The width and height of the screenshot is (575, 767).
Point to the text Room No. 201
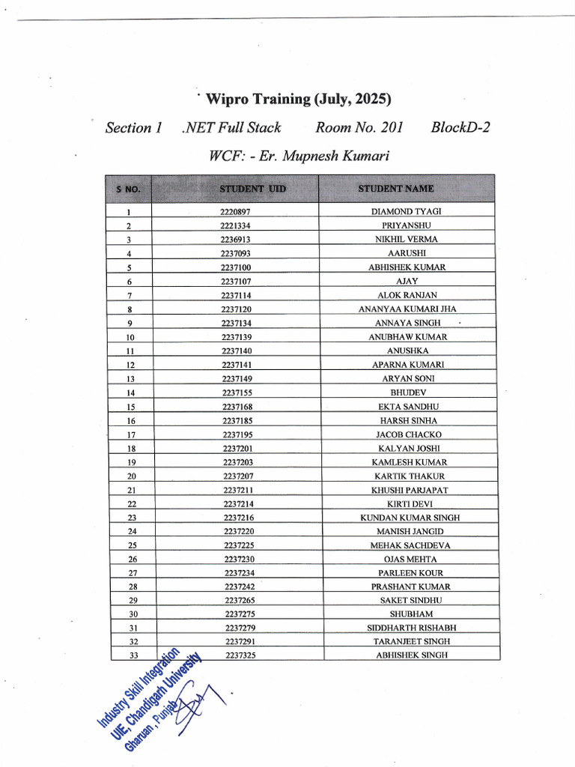coord(359,127)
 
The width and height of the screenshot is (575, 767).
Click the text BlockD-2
coord(460,127)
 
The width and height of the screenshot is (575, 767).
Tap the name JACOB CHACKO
coord(408,434)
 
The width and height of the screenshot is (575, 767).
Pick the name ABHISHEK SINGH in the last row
coord(411,655)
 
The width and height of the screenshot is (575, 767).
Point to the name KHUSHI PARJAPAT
coord(409,490)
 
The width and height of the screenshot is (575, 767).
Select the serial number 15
coord(130,407)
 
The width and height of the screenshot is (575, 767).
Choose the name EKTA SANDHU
coord(408,407)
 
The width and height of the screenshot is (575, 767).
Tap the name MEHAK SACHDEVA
coord(410,545)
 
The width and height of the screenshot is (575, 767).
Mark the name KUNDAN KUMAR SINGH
coord(410,518)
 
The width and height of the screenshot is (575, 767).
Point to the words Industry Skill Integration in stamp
coord(139,688)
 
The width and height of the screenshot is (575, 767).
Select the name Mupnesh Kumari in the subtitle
coord(345,157)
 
